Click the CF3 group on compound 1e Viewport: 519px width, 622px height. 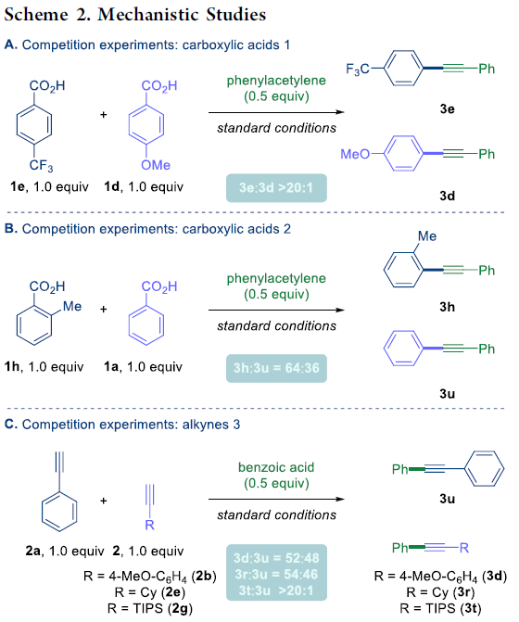coord(41,165)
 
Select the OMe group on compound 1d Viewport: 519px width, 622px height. coord(156,165)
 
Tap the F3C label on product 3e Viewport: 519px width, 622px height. coord(357,70)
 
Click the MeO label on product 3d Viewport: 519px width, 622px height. coord(355,154)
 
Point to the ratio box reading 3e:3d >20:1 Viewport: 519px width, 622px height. coord(276,187)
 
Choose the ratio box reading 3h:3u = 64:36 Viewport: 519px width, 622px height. coord(276,368)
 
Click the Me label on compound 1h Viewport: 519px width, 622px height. coord(72,306)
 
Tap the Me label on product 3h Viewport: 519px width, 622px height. coord(427,236)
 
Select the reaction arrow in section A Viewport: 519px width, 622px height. coord(276,112)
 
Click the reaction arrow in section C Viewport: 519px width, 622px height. coord(276,499)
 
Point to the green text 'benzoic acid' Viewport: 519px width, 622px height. coord(276,467)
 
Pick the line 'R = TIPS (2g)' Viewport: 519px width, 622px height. coord(150,608)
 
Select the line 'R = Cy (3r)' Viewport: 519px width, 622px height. coord(440,592)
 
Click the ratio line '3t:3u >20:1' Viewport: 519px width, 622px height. coord(276,590)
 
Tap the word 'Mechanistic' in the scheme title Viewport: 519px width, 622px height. coord(147,15)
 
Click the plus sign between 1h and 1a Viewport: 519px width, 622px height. coord(104,309)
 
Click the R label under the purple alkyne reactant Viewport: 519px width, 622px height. coord(149,526)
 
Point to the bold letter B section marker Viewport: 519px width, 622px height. coord(10,229)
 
